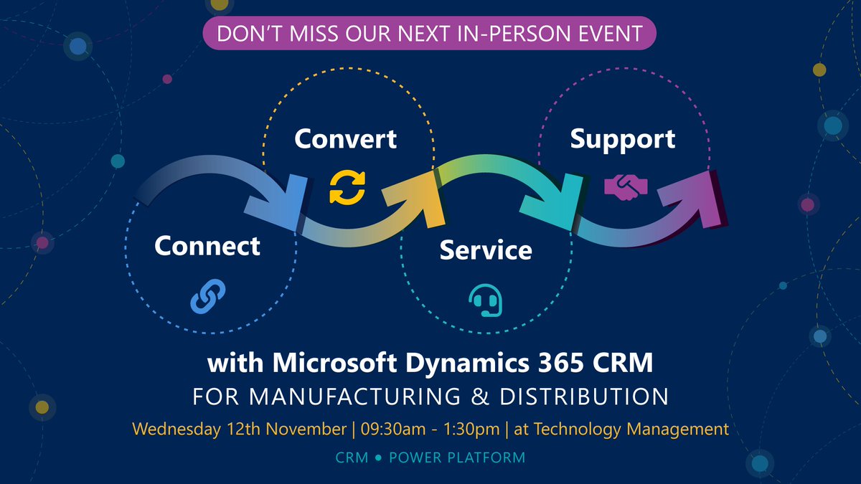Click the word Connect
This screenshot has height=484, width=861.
(x=207, y=246)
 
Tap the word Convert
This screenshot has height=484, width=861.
(x=345, y=138)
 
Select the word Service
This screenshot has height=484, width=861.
(x=486, y=250)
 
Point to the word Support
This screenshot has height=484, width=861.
(x=622, y=139)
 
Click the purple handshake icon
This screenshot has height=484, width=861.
(x=626, y=188)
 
